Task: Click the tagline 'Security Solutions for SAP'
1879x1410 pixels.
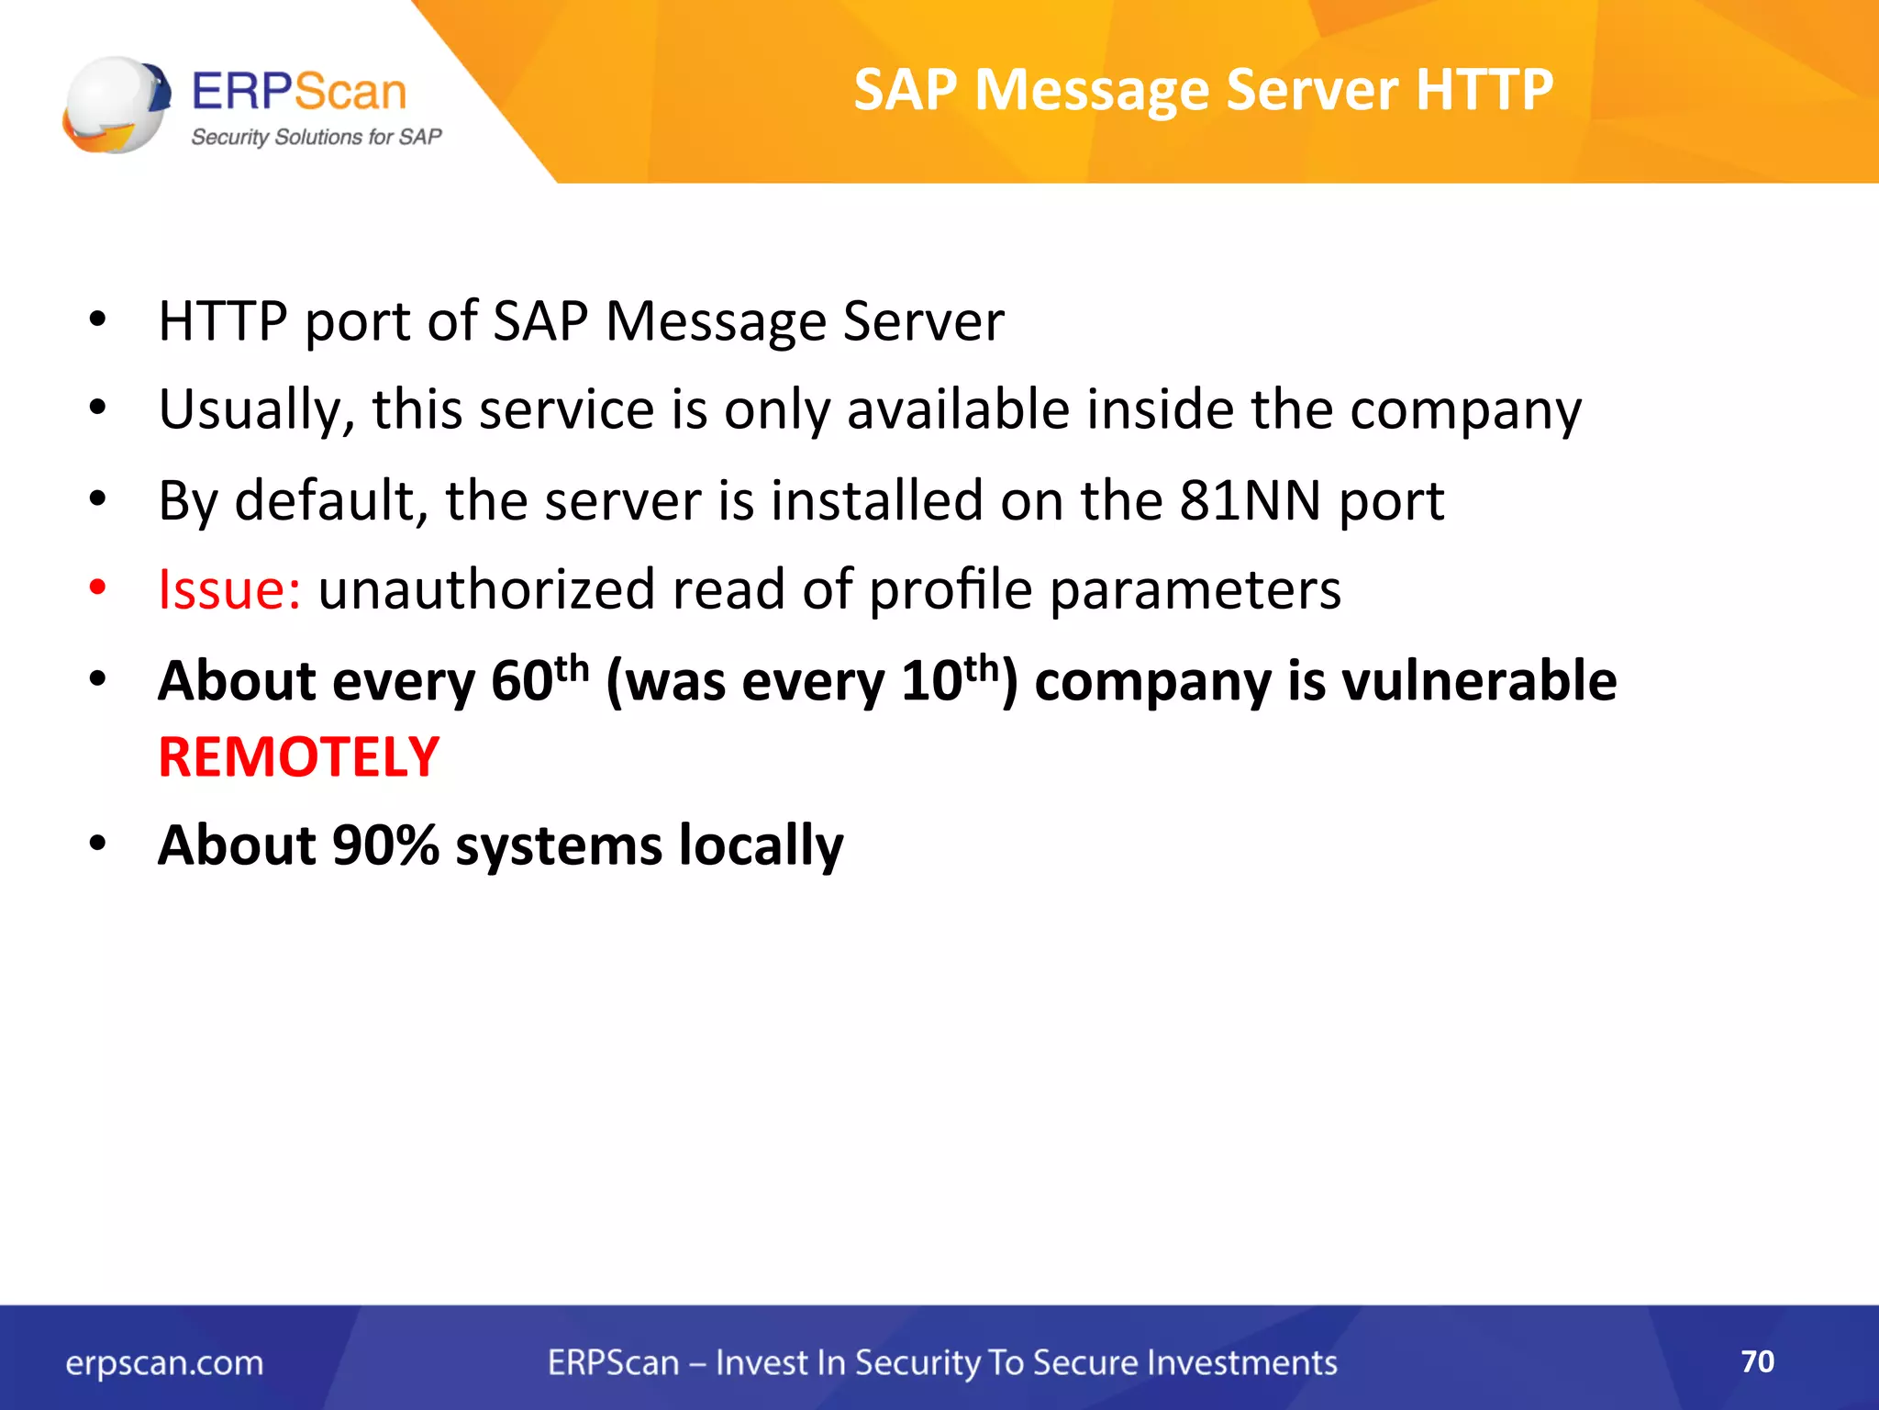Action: (316, 138)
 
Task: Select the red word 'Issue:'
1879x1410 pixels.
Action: (229, 589)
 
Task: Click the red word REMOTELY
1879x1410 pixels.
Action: (299, 758)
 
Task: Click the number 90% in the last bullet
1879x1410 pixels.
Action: (385, 845)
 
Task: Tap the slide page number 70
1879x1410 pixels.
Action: (1757, 1361)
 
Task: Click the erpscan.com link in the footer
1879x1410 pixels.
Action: (164, 1363)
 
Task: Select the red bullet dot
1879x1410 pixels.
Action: (98, 587)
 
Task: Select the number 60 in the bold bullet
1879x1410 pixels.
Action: (521, 683)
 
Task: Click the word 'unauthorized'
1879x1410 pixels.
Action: (486, 589)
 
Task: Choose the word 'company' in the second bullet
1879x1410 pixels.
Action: (1465, 411)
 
